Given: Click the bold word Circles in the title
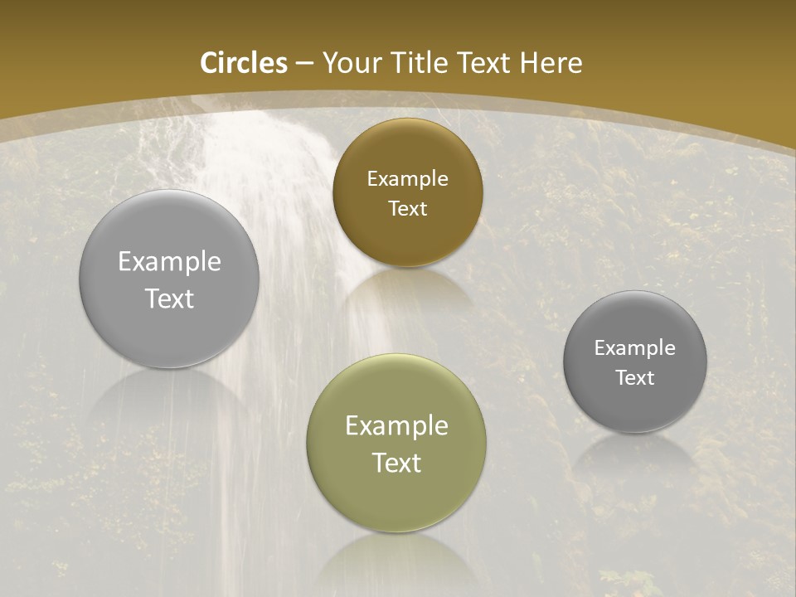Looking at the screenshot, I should [244, 63].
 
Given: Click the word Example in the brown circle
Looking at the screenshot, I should [407, 179].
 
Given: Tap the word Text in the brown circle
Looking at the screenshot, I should [407, 209].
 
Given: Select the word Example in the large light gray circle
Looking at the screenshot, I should [169, 262].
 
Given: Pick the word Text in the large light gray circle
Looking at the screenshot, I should [169, 298].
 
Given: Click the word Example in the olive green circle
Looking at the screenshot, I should [396, 426].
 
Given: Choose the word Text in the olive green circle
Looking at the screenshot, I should [396, 463].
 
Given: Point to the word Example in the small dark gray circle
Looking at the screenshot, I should [634, 348].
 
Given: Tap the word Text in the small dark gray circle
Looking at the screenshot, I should [634, 378].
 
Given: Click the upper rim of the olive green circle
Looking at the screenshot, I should [396, 357].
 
